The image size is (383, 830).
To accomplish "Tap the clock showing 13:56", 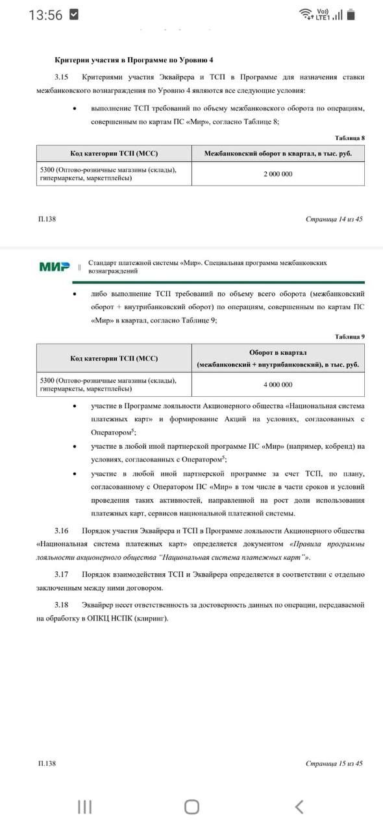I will pos(45,15).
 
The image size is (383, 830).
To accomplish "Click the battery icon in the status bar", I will pos(351,14).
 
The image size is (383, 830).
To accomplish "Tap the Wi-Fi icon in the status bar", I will pos(306,14).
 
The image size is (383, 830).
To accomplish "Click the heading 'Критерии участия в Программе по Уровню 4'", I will pos(133,60).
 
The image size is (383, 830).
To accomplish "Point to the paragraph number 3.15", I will pos(62,77).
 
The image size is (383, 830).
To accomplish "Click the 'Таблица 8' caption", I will pos(349,138).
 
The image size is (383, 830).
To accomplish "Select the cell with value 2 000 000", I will pos(277,174).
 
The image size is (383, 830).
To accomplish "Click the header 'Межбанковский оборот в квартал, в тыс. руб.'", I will pos(277,154).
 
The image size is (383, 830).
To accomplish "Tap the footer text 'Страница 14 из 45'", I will pos(334,219).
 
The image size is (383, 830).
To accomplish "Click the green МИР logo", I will pos(55,267).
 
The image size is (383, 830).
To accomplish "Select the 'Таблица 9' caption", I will pos(349,337).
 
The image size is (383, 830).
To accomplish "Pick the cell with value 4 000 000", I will pos(277,385).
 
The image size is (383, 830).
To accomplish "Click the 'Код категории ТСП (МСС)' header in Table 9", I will pos(114,359).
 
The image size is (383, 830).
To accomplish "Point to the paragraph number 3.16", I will pos(62,530).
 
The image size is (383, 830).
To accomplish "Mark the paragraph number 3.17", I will pos(62,574).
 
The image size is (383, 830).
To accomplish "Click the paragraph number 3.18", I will pos(62,604).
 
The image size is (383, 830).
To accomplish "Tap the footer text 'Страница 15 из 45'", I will pos(334,763).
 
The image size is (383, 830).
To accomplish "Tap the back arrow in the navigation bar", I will pos(299,806).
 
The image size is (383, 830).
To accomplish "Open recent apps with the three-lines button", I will pos(84,806).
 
